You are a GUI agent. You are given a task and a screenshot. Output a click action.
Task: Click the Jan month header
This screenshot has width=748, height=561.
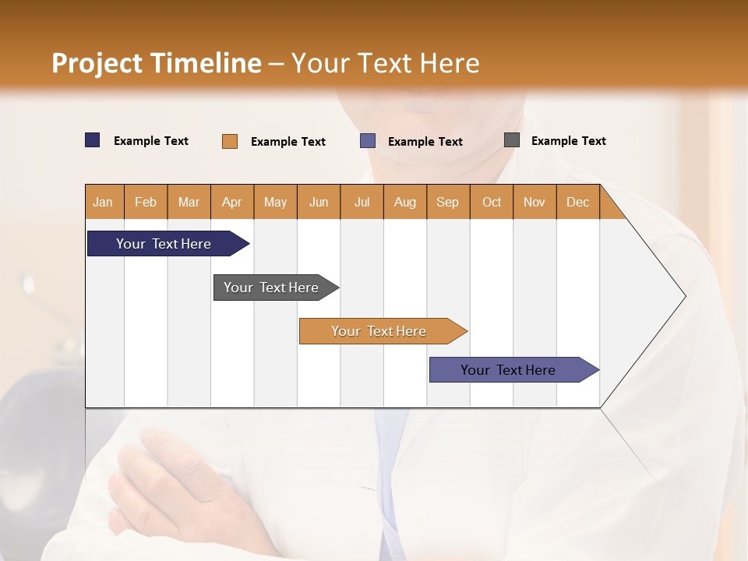104,202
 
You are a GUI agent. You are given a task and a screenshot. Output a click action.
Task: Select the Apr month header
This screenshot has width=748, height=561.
231,202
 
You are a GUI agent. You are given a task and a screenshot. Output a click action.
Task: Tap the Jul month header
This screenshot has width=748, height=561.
362,202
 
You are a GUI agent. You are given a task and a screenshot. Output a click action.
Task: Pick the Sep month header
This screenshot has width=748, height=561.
447,202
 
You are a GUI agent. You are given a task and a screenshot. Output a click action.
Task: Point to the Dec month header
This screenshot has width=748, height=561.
577,202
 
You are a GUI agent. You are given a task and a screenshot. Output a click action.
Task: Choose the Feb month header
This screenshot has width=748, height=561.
146,202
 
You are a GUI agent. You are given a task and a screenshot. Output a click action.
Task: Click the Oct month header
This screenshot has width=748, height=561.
491,202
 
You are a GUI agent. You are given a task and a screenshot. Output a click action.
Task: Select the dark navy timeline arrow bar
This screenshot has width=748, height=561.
164,244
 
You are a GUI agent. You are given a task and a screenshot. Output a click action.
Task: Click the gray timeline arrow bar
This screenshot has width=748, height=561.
271,288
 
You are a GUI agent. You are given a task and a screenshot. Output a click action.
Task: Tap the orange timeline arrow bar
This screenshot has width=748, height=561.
379,331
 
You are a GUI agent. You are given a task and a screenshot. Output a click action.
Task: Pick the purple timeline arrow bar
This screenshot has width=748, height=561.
508,370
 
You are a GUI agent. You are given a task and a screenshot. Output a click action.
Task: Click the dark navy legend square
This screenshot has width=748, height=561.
93,140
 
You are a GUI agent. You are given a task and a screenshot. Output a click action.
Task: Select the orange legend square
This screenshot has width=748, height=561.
230,141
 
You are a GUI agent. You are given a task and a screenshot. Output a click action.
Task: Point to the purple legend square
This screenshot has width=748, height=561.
368,141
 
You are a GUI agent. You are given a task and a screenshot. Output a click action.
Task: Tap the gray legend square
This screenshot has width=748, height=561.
512,140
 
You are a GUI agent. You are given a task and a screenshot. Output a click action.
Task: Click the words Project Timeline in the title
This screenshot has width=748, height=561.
157,63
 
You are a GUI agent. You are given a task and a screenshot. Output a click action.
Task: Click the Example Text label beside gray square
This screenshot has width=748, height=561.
568,141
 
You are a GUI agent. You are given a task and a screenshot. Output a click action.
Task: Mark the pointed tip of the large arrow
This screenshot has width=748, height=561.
684,296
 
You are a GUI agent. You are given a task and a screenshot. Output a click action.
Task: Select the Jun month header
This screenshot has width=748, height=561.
319,202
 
